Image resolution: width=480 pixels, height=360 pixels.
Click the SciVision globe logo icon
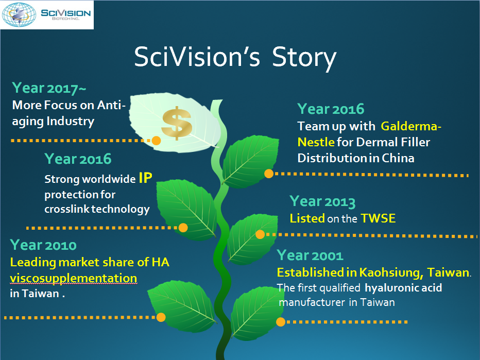pos(19,14)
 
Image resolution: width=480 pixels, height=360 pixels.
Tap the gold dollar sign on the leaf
pos(177,123)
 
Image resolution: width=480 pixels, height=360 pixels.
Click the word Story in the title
pos(304,58)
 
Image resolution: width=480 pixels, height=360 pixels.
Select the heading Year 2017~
pos(49,88)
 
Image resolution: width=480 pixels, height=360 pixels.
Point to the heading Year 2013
pos(322,201)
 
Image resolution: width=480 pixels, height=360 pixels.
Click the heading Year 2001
pos(310,255)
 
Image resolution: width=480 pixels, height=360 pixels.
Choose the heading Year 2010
pos(43,245)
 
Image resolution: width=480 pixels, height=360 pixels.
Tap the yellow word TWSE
pos(378,218)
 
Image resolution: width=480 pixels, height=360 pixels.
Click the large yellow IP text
pos(145,178)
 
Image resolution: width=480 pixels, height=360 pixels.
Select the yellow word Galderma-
pos(411,126)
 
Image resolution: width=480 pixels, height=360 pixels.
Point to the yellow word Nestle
pos(316,142)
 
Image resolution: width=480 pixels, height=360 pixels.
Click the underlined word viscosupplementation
pos(74,278)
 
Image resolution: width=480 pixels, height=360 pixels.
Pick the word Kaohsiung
pos(391,272)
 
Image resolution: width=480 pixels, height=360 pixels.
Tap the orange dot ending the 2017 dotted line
pos(156,141)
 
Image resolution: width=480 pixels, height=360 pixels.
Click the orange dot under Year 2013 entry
pos(260,234)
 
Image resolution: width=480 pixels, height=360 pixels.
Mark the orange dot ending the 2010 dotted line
pos(161,317)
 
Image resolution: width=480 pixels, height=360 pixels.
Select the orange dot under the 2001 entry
pos(280,322)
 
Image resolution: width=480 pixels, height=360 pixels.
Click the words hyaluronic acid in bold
pos(403,288)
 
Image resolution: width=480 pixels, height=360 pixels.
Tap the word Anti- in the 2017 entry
pos(111,105)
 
